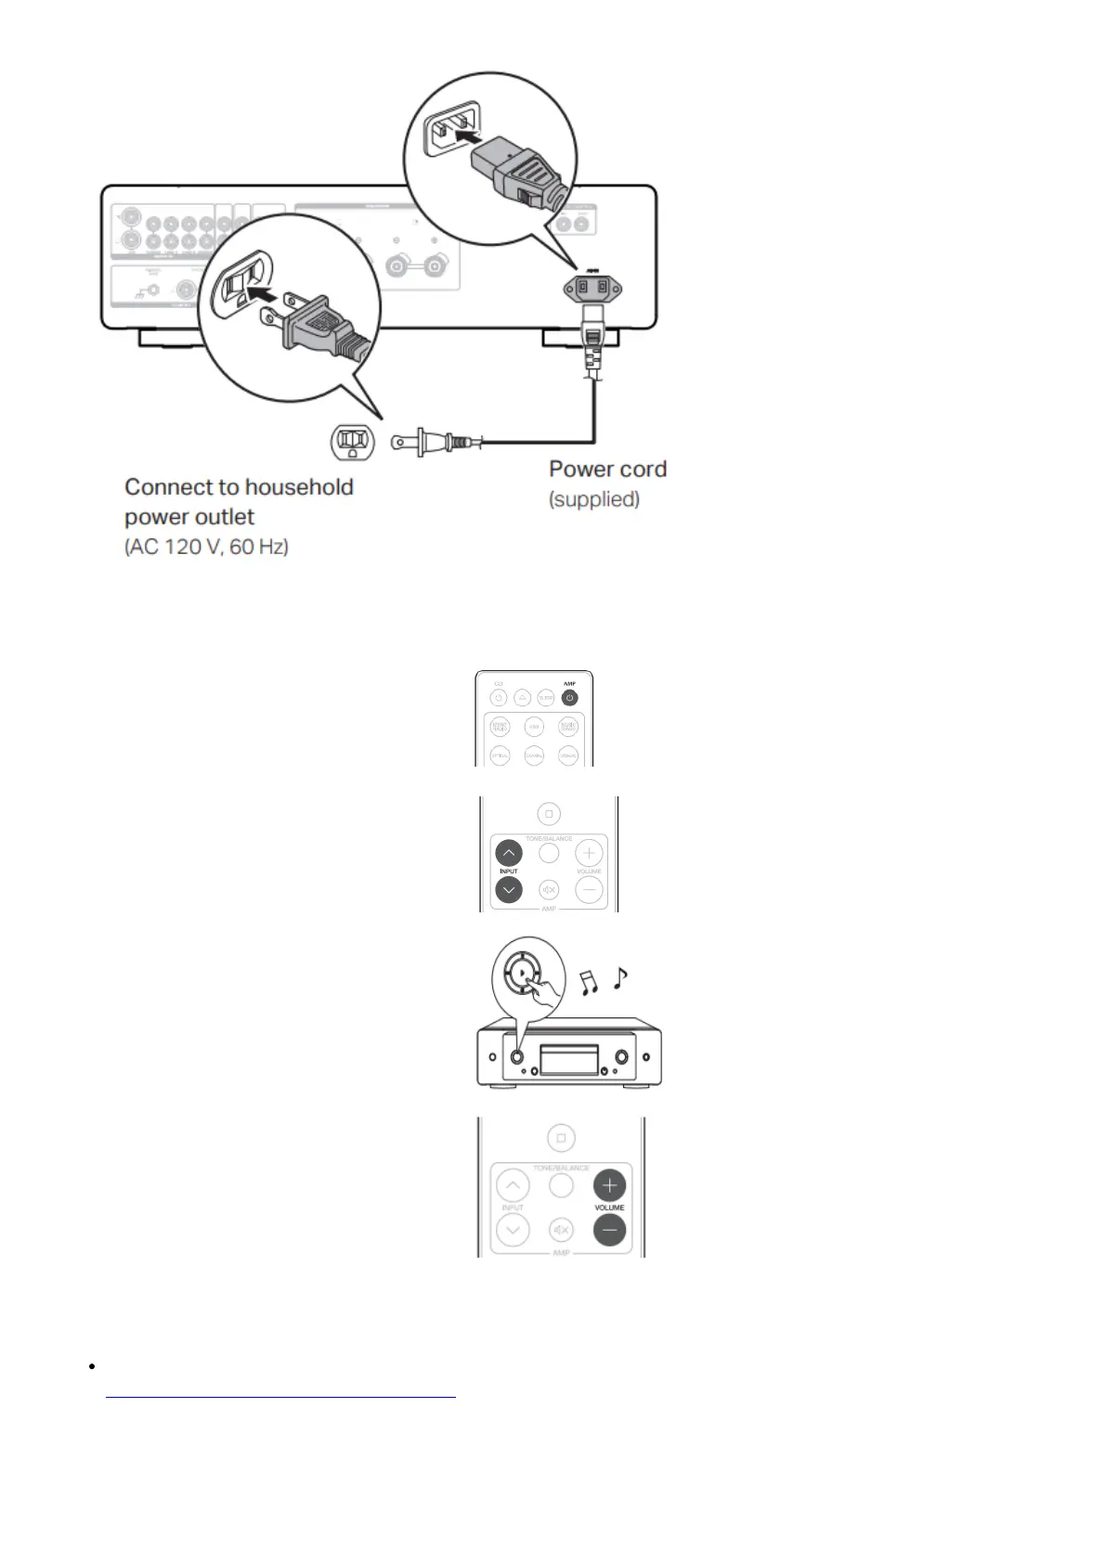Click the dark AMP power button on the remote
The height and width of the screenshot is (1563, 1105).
[569, 697]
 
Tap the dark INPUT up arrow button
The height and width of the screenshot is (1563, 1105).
[508, 852]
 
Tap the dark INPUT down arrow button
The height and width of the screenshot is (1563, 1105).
[508, 890]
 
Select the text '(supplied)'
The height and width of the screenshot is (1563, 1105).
[594, 499]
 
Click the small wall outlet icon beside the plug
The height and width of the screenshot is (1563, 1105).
[354, 442]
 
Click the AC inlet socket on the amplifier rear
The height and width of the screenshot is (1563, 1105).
[591, 288]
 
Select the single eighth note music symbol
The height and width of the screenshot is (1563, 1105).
[620, 976]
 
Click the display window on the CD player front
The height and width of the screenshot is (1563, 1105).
[569, 1058]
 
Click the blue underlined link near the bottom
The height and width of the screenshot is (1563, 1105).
[281, 1395]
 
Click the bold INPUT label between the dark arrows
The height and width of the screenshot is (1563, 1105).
[509, 872]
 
